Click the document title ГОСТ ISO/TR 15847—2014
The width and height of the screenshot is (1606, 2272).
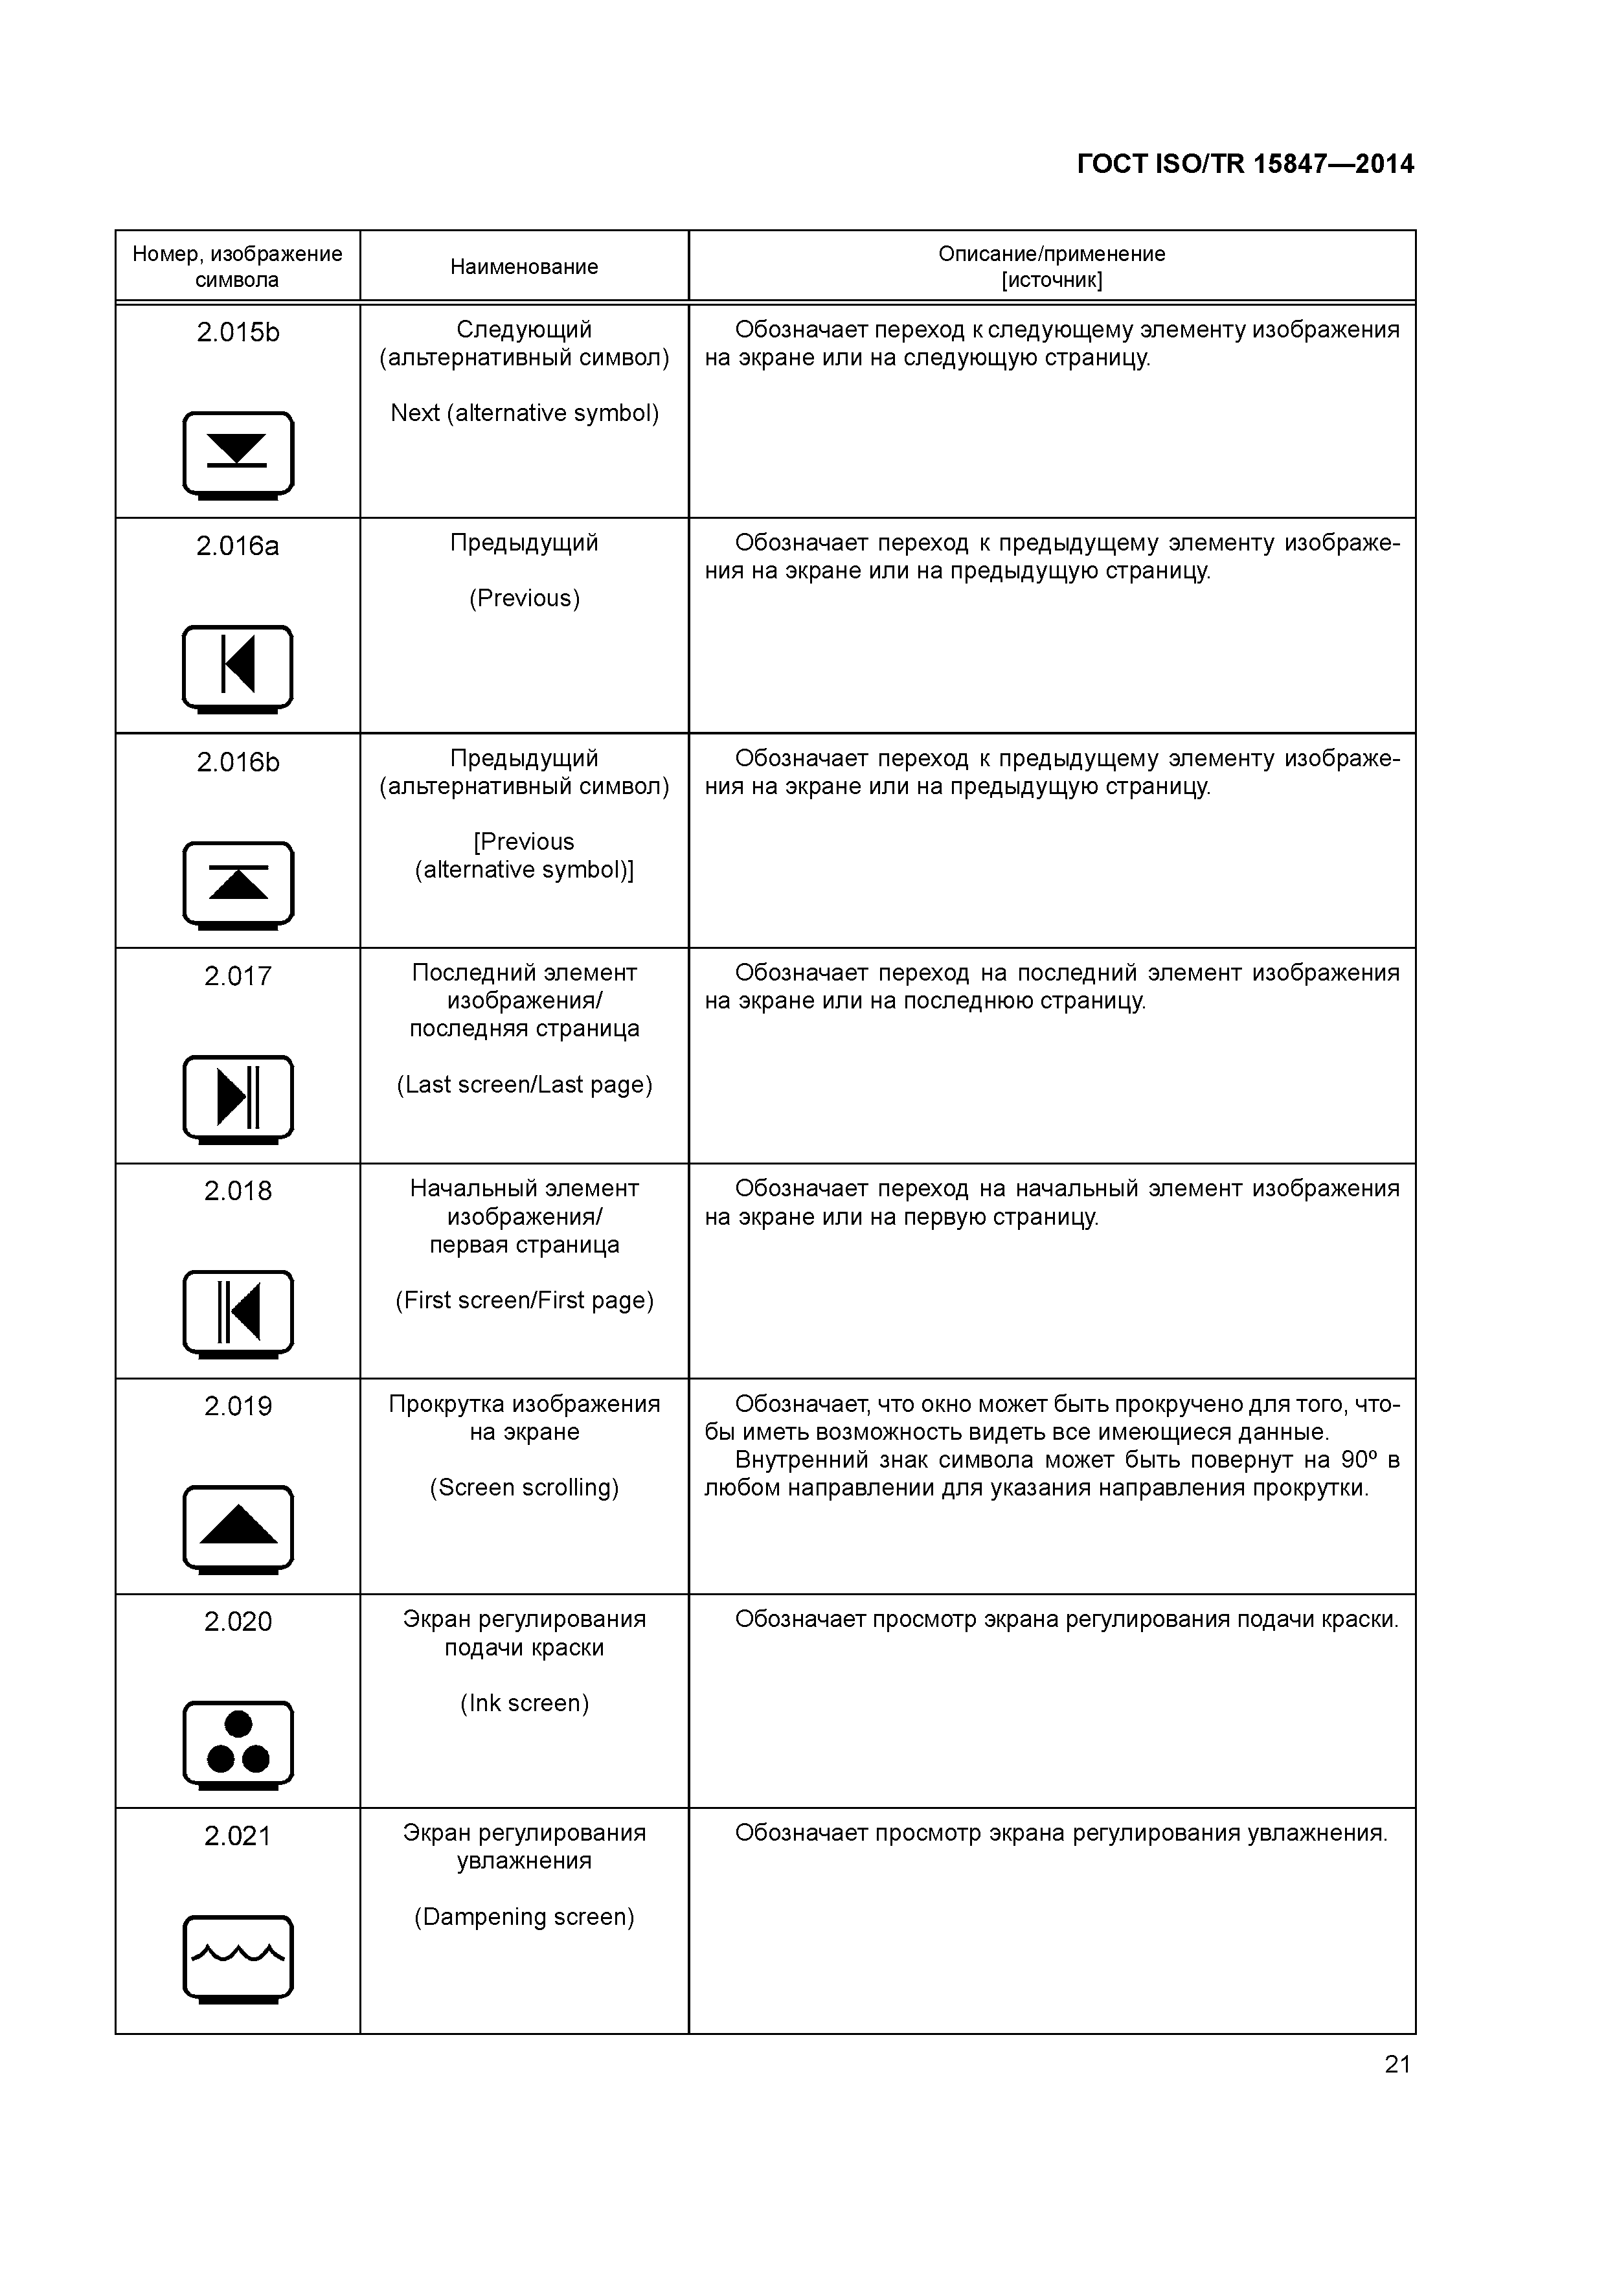[1245, 165]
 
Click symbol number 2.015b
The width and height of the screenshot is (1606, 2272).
[238, 332]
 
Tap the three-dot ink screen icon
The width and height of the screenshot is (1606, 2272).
[238, 1744]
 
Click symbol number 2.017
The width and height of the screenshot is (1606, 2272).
[238, 977]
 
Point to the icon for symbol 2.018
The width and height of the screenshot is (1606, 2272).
[238, 1312]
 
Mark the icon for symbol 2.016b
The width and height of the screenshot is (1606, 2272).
[238, 883]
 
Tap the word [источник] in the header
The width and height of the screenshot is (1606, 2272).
[1051, 280]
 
